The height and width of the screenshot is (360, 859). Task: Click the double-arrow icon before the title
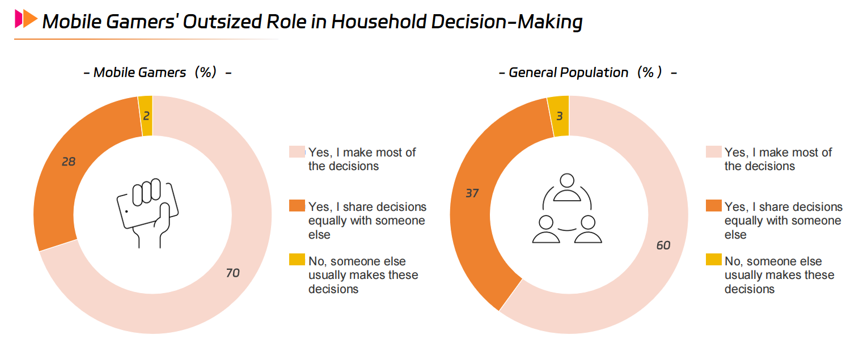pyautogui.click(x=26, y=19)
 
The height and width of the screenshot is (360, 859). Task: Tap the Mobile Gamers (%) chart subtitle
pyautogui.click(x=157, y=73)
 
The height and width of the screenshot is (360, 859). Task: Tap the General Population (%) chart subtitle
pyautogui.click(x=587, y=73)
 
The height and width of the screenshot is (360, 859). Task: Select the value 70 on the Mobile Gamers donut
pyautogui.click(x=232, y=273)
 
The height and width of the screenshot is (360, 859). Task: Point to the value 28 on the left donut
pyautogui.click(x=68, y=162)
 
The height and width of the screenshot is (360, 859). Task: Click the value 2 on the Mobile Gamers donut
pyautogui.click(x=146, y=116)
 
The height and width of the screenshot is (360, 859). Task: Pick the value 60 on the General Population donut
pyautogui.click(x=663, y=245)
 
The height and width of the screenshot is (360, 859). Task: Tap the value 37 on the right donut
pyautogui.click(x=472, y=193)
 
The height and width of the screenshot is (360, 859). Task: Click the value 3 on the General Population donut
pyautogui.click(x=558, y=116)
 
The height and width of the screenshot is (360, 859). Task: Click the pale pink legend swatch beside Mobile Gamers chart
pyautogui.click(x=297, y=152)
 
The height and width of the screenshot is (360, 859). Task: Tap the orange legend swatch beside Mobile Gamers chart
pyautogui.click(x=297, y=206)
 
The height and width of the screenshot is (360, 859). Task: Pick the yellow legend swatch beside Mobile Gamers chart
pyautogui.click(x=297, y=260)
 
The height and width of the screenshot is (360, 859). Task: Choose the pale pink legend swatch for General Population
pyautogui.click(x=713, y=152)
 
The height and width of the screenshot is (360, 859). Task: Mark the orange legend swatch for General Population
pyautogui.click(x=713, y=206)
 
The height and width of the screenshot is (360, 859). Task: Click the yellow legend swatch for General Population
pyautogui.click(x=713, y=260)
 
